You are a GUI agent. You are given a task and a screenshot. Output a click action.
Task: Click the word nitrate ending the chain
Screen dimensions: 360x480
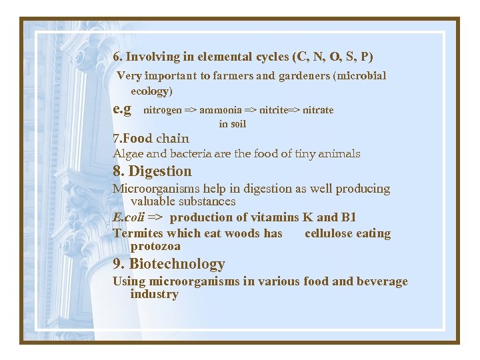(x=318, y=110)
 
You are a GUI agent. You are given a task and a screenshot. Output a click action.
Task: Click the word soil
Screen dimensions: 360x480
(x=237, y=123)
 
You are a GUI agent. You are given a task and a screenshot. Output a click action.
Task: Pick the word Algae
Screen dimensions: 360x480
(x=127, y=153)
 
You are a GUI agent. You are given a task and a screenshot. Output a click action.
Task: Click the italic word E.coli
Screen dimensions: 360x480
(x=127, y=217)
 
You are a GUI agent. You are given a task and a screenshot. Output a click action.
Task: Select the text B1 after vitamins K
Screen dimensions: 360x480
(x=348, y=217)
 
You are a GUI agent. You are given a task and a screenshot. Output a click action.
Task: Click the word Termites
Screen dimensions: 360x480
(x=137, y=233)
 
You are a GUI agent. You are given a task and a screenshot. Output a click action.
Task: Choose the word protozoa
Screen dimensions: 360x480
(x=155, y=246)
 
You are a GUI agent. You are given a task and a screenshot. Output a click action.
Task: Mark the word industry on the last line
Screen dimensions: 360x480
(x=154, y=294)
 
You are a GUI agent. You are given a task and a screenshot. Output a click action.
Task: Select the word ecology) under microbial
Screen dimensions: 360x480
(x=151, y=91)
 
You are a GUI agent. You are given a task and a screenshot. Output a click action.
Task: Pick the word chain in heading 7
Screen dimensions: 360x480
(x=172, y=139)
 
